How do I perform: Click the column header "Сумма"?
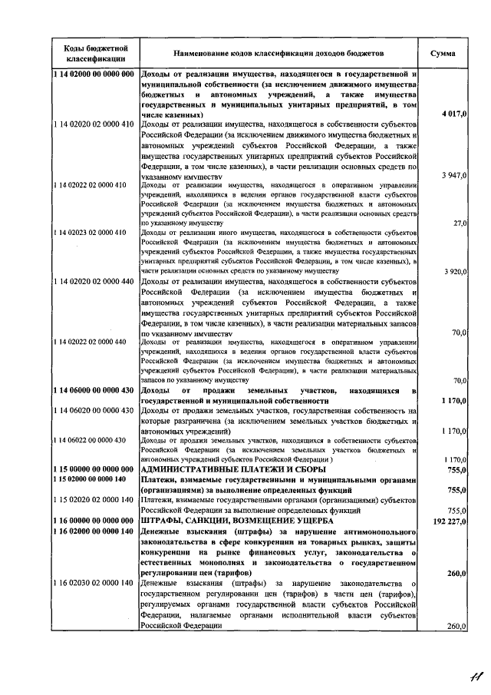[x=443, y=55]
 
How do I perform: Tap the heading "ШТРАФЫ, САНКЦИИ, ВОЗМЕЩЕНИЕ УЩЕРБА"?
[x=237, y=520]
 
